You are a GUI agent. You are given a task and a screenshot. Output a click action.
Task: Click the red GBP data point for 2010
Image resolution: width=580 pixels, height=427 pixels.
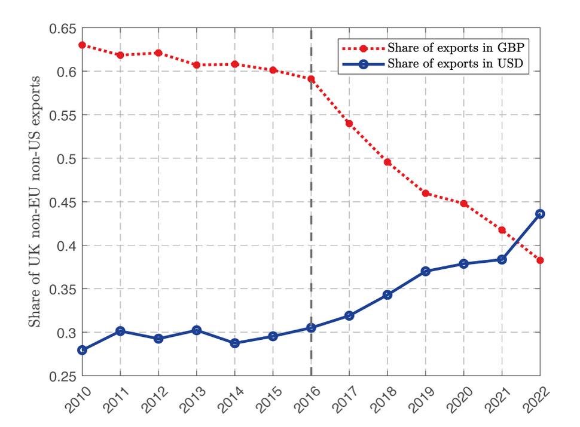coord(82,45)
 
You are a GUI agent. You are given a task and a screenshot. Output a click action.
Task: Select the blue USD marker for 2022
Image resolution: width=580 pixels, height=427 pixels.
coord(541,214)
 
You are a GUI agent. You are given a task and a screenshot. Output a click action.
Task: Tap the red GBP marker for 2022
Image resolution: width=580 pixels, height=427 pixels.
coord(541,260)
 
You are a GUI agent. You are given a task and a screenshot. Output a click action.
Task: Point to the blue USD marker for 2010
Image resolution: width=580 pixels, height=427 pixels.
coord(82,350)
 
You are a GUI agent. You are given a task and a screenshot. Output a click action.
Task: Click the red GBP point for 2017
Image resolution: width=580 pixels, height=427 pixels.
coord(349,124)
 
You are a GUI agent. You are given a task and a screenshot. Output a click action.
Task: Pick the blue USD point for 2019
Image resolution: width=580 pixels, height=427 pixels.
coord(426,271)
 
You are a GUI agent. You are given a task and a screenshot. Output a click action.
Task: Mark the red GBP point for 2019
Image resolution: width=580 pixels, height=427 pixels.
coord(426,193)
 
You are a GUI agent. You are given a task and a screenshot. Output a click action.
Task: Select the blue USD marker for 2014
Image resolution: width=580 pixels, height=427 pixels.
coord(235,343)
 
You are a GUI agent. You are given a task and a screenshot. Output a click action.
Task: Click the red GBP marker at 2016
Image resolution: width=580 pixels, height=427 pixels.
coord(311,79)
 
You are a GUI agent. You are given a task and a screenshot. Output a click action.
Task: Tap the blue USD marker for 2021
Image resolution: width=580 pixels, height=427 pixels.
coord(502,259)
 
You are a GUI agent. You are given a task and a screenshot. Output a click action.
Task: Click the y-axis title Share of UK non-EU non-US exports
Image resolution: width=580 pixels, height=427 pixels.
coord(36,202)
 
